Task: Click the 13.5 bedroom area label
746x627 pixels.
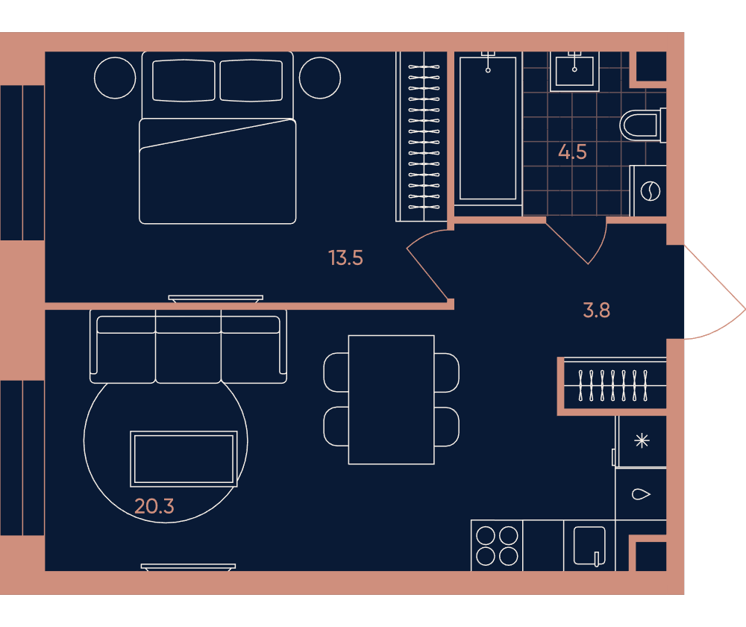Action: tap(345, 258)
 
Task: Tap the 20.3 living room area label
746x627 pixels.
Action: tap(154, 506)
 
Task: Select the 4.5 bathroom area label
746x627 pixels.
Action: tap(572, 152)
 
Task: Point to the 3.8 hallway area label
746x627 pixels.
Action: tap(597, 311)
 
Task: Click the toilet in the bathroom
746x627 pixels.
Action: tap(642, 125)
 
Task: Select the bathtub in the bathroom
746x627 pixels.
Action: tap(488, 128)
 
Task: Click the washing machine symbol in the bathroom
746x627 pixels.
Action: tap(650, 191)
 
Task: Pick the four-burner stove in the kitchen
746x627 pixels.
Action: tap(497, 546)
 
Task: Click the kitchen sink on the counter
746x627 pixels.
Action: tap(589, 546)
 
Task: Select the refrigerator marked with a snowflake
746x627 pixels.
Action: tap(642, 441)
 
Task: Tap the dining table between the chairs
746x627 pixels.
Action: tap(391, 400)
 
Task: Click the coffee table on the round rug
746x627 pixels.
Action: tap(184, 459)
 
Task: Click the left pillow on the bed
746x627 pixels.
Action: tap(184, 81)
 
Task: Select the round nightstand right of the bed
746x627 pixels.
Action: tap(320, 78)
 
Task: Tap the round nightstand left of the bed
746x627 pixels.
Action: tap(115, 78)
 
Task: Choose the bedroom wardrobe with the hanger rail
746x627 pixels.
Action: tap(421, 137)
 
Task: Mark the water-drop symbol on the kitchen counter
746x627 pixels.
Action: tap(641, 494)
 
